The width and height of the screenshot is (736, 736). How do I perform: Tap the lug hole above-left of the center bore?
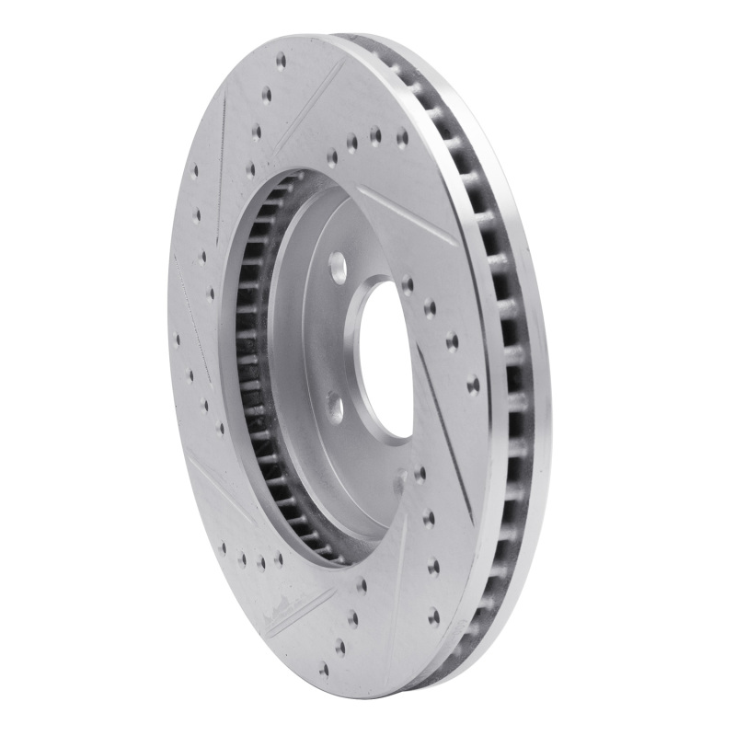[339, 268]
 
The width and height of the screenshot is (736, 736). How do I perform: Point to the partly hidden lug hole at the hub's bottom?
[401, 477]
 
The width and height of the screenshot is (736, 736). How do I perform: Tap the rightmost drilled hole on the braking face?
[473, 384]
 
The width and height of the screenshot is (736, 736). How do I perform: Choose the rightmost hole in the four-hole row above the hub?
[401, 139]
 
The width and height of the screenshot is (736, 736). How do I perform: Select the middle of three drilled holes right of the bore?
[452, 342]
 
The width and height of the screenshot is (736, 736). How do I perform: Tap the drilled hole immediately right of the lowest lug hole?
[420, 475]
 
